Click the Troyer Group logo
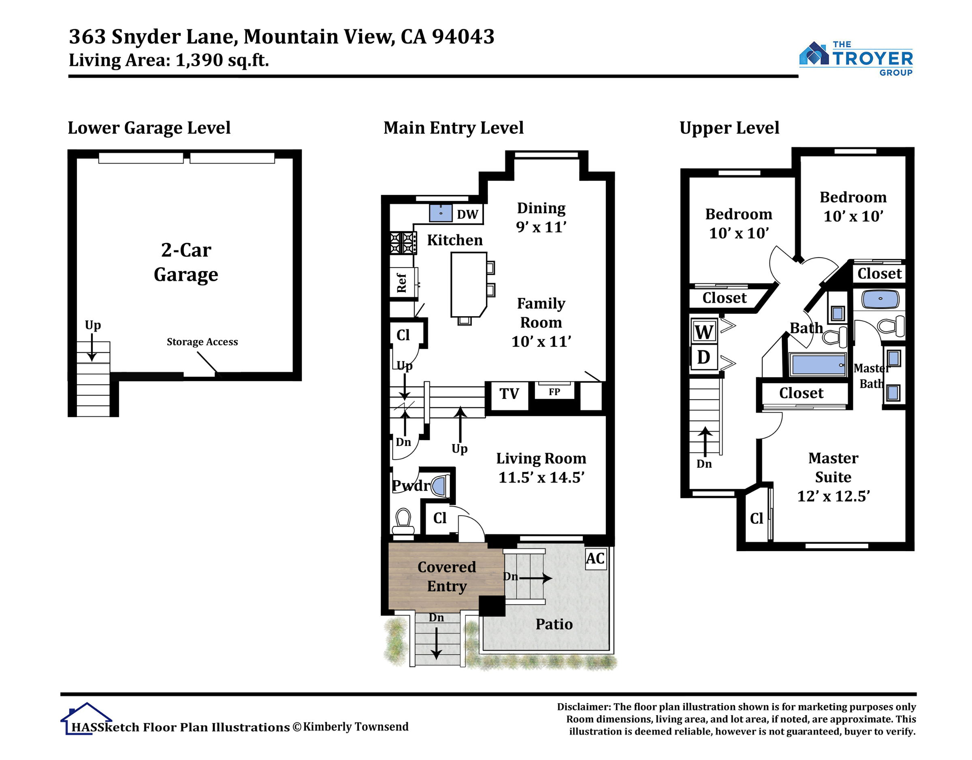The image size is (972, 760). click(x=856, y=59)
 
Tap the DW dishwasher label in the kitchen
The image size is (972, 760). click(x=467, y=215)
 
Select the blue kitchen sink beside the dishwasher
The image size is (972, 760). click(x=441, y=213)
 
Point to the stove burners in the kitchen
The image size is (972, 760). click(x=403, y=243)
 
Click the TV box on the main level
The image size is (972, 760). click(x=509, y=394)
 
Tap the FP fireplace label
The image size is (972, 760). click(x=554, y=392)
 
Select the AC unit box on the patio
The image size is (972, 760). click(x=595, y=558)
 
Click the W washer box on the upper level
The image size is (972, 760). click(x=703, y=332)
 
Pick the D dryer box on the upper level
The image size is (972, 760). click(x=703, y=357)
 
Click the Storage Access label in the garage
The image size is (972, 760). click(x=202, y=342)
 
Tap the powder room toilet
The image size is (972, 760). click(x=403, y=521)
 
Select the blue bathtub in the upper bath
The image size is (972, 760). click(x=818, y=365)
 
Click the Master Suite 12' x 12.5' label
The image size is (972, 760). click(x=833, y=477)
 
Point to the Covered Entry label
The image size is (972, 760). click(x=447, y=577)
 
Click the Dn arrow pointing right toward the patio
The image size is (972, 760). click(x=536, y=579)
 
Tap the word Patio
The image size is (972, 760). click(x=554, y=624)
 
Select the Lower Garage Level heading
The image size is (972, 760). click(x=149, y=128)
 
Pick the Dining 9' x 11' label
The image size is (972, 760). click(x=541, y=217)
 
